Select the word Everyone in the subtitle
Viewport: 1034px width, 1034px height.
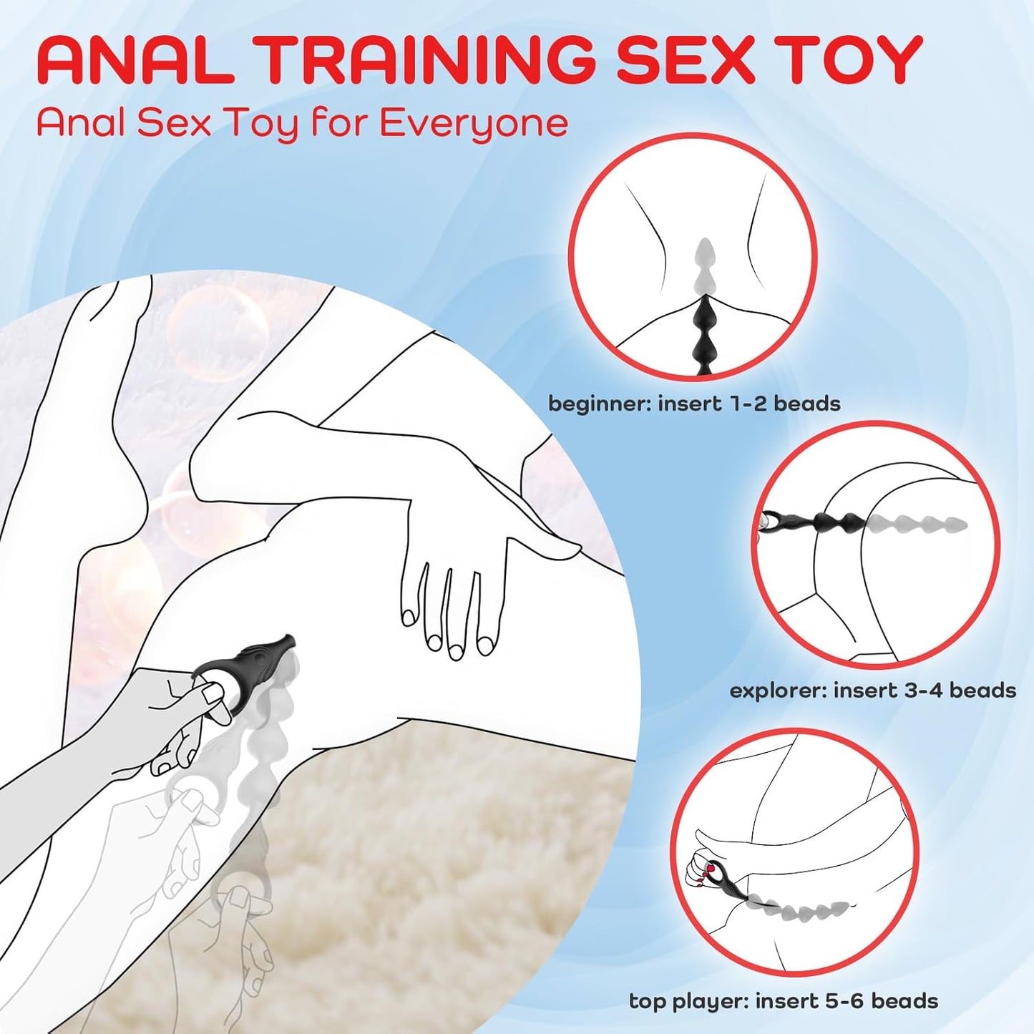click(x=474, y=123)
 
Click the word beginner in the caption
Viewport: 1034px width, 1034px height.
click(x=599, y=404)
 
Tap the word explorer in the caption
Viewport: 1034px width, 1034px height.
click(x=777, y=691)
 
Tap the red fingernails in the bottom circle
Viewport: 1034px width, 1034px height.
click(x=708, y=869)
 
